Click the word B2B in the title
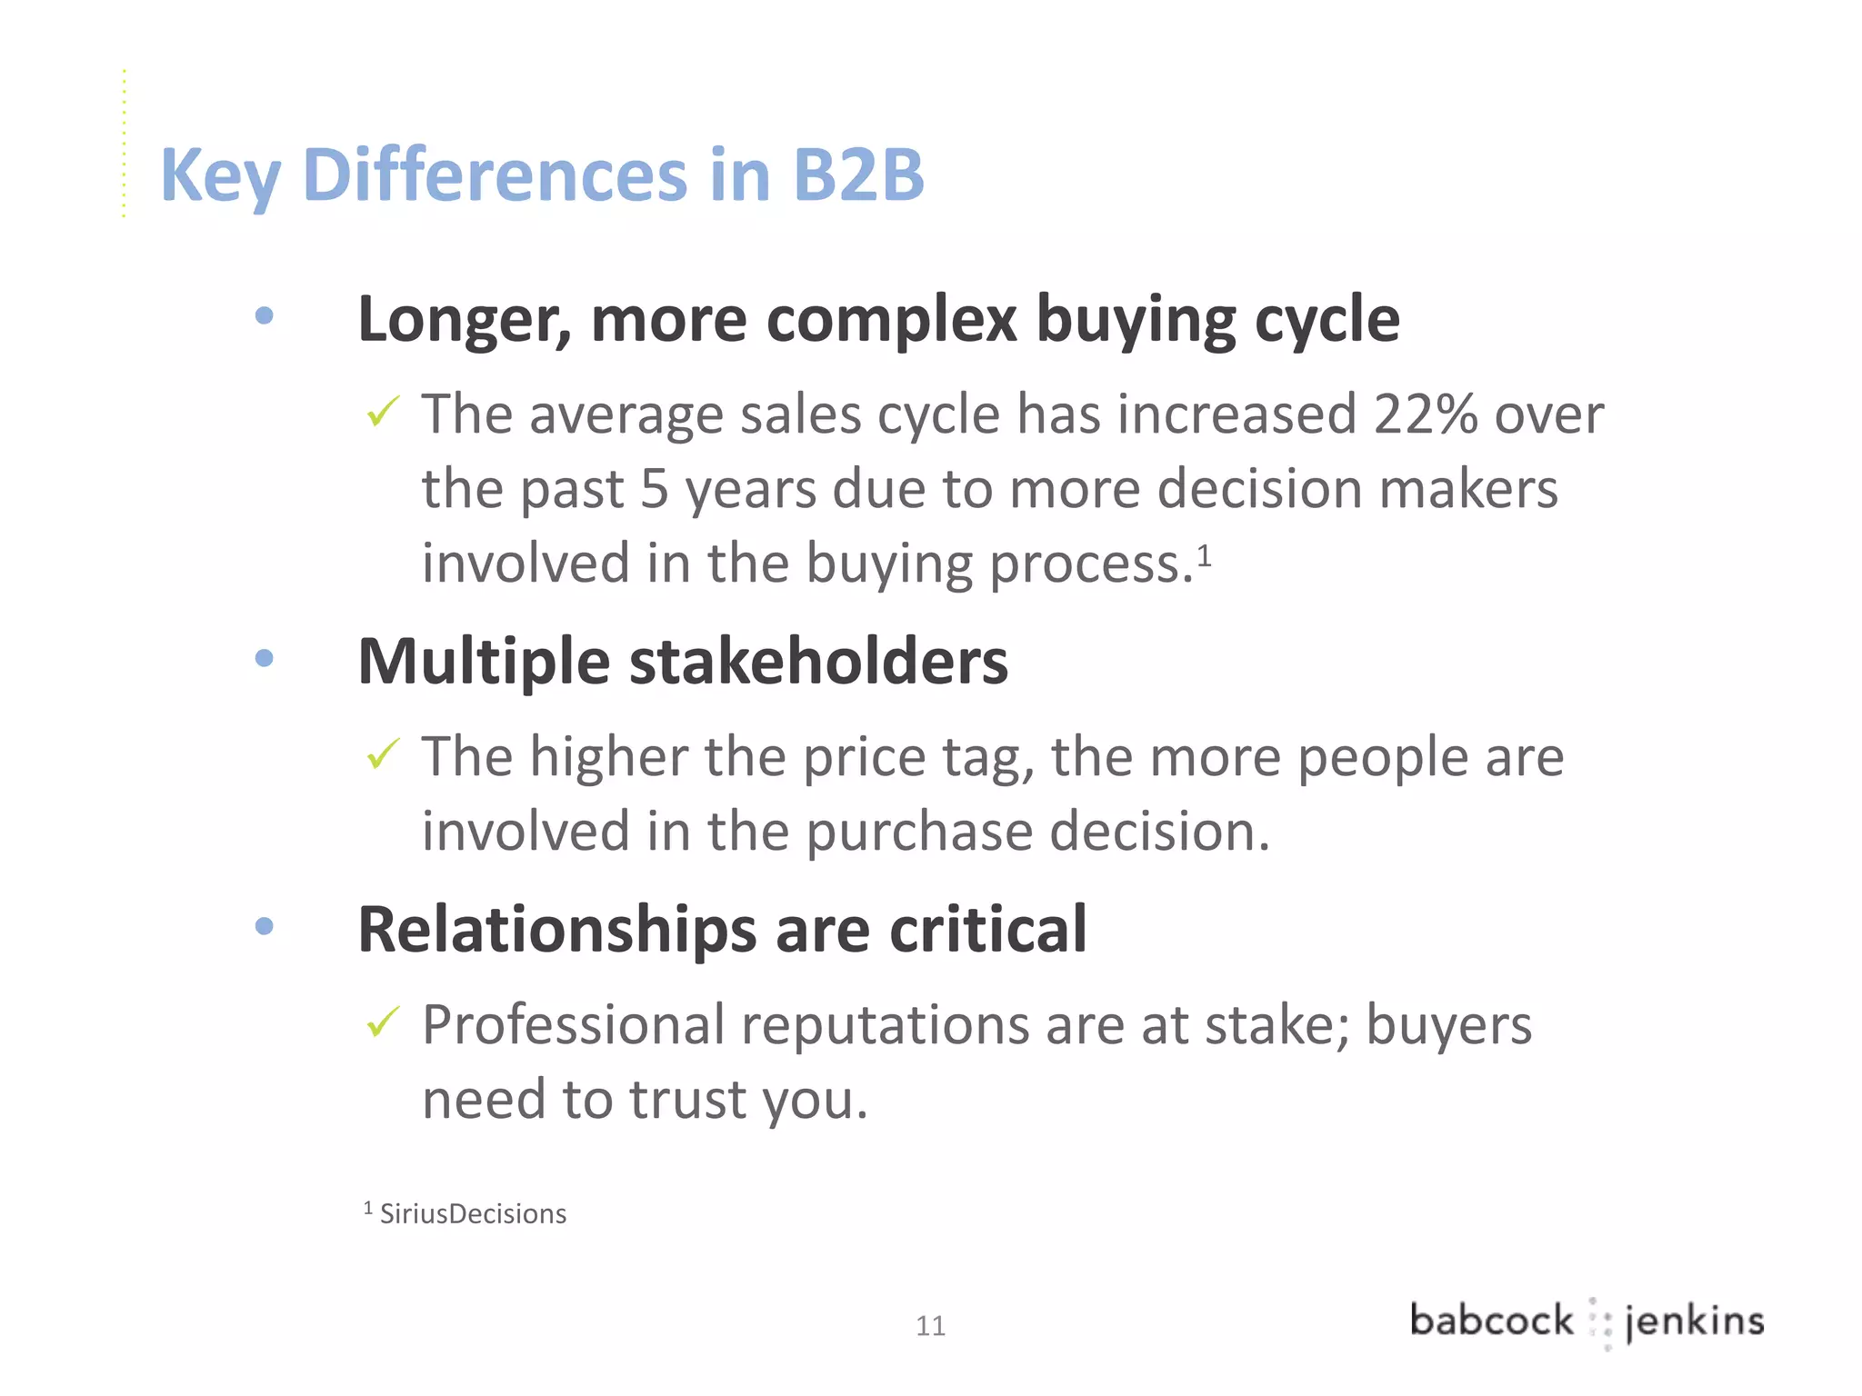click(x=857, y=174)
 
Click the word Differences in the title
click(x=496, y=174)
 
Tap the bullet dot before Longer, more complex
click(x=265, y=315)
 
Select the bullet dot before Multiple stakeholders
click(x=265, y=658)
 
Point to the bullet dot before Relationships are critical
click(x=265, y=926)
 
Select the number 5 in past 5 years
click(x=655, y=489)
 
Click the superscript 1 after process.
click(x=1204, y=553)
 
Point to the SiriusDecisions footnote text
click(x=473, y=1214)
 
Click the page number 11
click(x=930, y=1326)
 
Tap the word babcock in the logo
click(x=1491, y=1320)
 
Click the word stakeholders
click(x=818, y=661)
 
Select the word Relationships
click(x=556, y=930)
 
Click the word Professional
click(x=573, y=1025)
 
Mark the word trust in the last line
click(x=687, y=1099)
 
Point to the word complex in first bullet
click(x=891, y=320)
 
